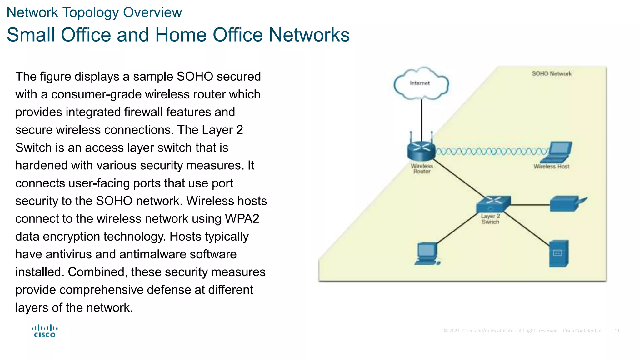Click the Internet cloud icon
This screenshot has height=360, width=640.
point(421,83)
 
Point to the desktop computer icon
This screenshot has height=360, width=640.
point(427,254)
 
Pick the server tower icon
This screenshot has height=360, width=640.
point(559,253)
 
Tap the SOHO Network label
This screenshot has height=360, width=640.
point(552,74)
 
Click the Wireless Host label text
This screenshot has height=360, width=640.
point(551,167)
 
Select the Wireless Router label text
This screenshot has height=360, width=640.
point(422,169)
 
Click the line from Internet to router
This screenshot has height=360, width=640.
point(421,119)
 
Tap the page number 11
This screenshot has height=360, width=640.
point(617,331)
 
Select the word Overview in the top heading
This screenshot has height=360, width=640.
point(152,12)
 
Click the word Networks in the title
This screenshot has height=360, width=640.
point(309,35)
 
